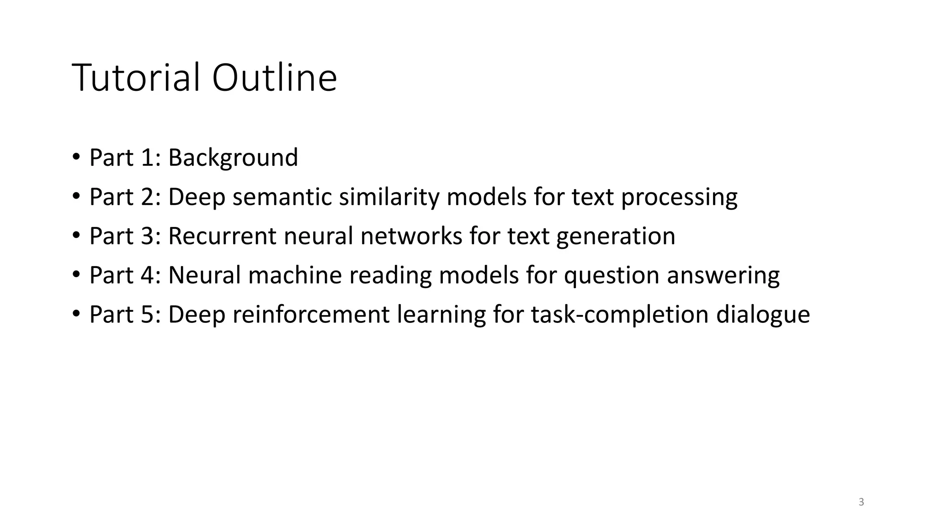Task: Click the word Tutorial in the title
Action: (136, 78)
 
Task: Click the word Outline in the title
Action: (274, 78)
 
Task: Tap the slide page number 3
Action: (862, 502)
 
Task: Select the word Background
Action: (233, 158)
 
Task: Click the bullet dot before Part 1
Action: (76, 157)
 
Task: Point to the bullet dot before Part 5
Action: (76, 314)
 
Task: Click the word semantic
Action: (282, 197)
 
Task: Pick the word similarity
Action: (388, 197)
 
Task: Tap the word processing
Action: (679, 198)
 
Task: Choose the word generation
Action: (616, 236)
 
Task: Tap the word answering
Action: (723, 276)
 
